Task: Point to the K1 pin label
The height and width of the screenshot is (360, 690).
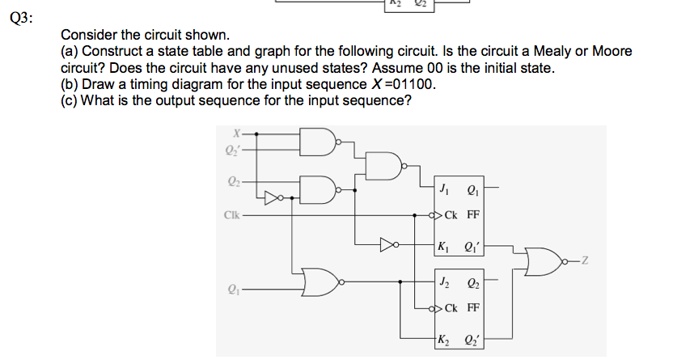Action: [443, 245]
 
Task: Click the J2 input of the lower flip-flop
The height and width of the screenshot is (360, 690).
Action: [443, 283]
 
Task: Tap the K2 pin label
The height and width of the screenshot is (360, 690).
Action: [443, 338]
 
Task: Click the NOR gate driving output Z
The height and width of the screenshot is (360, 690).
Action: [544, 260]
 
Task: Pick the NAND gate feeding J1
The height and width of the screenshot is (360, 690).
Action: [388, 167]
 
